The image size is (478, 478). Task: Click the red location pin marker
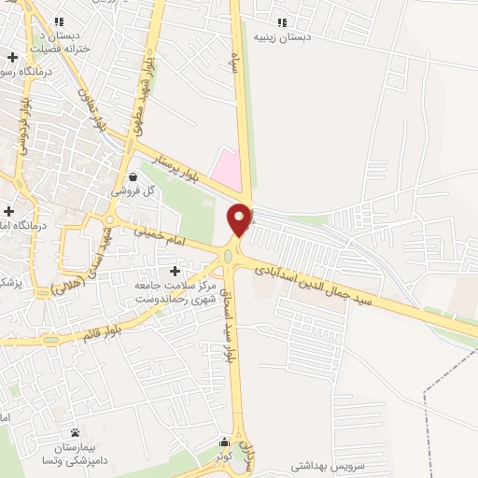[x=239, y=218]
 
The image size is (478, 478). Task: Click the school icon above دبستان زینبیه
[x=282, y=22]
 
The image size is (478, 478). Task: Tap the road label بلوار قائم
[x=99, y=330]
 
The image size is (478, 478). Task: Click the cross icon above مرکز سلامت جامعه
[x=176, y=271]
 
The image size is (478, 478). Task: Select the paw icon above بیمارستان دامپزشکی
[x=74, y=432]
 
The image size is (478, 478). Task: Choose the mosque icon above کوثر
[x=224, y=443]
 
